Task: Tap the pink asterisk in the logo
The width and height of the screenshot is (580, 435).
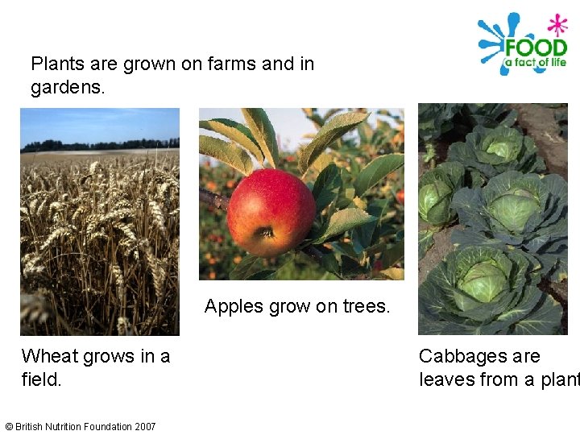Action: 557,24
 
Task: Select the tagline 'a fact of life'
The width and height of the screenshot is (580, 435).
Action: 535,63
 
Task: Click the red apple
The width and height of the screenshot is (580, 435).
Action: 271,212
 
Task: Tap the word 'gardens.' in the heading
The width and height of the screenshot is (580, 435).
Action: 68,87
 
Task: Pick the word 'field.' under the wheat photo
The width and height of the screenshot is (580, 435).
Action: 42,379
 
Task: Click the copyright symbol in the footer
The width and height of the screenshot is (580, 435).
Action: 9,427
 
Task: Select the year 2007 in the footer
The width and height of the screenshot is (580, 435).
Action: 145,427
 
